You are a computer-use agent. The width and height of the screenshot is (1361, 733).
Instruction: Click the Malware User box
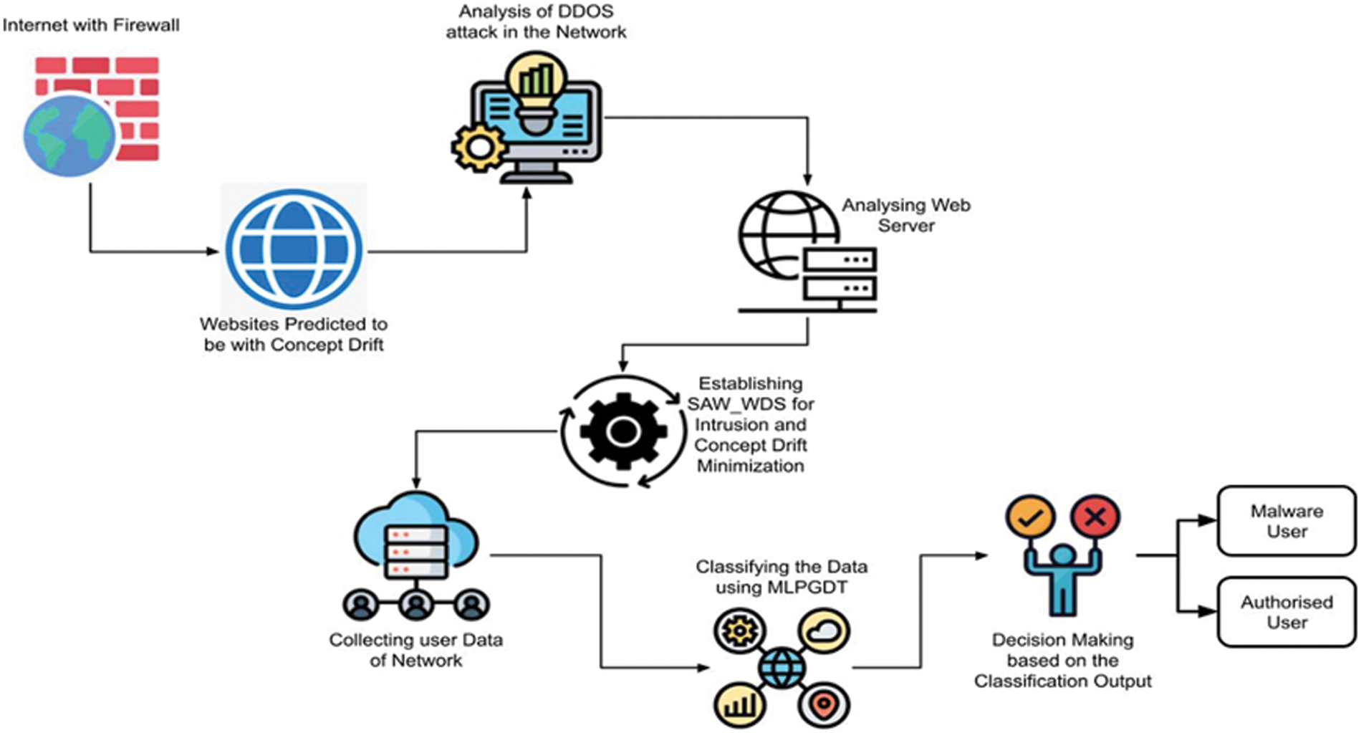[1287, 521]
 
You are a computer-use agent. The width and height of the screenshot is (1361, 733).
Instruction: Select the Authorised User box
[1287, 612]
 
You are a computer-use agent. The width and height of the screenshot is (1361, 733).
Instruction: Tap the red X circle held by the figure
[1095, 517]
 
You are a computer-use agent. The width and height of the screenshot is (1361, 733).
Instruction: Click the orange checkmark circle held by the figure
[1030, 517]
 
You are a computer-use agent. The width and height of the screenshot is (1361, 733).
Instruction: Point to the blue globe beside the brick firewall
[69, 136]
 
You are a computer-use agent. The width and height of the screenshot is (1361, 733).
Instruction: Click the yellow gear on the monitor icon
[478, 148]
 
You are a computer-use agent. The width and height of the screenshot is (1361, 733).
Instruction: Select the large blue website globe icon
[294, 249]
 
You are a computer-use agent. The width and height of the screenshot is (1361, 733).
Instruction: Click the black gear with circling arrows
[622, 431]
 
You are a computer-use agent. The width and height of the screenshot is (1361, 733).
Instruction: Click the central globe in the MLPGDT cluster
[782, 668]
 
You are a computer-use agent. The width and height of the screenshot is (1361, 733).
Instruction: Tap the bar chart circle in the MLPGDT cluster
[740, 704]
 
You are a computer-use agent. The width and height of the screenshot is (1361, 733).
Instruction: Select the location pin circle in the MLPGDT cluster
[824, 704]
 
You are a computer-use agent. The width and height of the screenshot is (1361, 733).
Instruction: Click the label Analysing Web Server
[905, 215]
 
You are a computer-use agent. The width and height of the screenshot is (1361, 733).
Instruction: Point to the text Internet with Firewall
[91, 25]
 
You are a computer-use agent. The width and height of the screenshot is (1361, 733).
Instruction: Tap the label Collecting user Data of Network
[415, 649]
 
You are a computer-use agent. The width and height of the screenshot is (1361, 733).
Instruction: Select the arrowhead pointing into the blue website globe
[213, 251]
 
